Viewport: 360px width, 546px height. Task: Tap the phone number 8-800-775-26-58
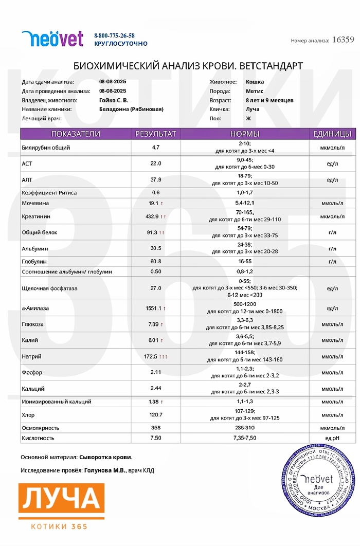point(114,35)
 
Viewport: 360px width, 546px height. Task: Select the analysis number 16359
point(343,40)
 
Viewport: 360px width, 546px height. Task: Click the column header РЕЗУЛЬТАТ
point(155,134)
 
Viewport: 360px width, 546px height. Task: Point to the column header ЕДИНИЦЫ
point(332,134)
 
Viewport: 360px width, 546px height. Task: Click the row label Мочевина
point(35,203)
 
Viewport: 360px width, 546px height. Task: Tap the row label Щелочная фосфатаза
point(49,288)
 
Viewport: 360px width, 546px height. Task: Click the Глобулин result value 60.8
point(156,261)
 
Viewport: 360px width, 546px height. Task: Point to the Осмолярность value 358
point(156,428)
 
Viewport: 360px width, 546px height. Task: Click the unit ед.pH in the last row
point(332,438)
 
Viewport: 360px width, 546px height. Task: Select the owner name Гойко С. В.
point(114,100)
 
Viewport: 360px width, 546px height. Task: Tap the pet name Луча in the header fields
point(253,109)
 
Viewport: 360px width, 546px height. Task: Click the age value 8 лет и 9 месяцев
point(269,100)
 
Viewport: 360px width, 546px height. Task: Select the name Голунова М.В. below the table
point(104,470)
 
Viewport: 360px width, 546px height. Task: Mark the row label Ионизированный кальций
point(57,402)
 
